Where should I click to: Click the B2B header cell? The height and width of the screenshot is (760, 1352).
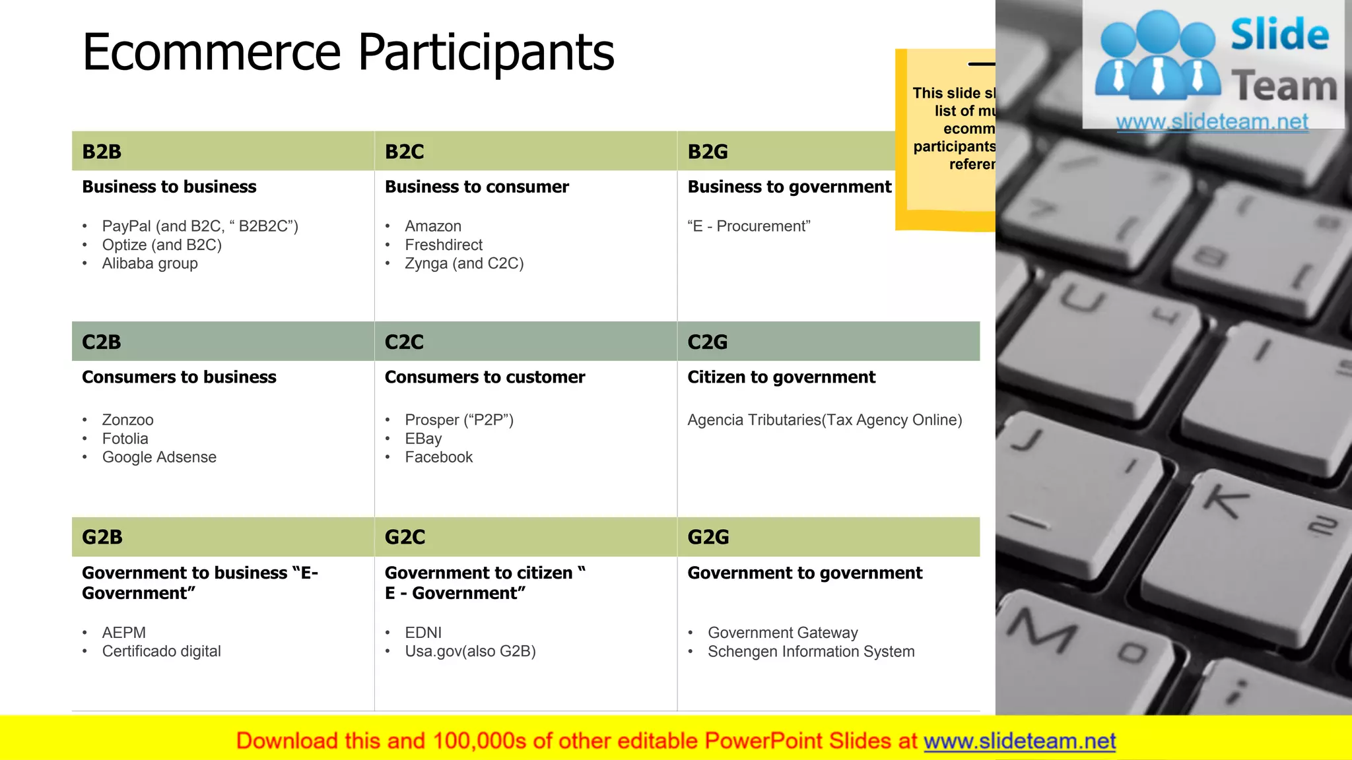(222, 151)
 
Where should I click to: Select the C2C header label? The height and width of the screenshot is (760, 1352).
(404, 342)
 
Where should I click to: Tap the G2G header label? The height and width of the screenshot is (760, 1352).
(708, 537)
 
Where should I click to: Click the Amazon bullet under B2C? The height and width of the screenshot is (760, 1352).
(432, 226)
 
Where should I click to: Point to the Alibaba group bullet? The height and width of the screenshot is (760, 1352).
(150, 263)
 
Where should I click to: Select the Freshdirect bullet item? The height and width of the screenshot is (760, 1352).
(443, 245)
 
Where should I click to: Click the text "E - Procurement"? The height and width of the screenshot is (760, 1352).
(749, 226)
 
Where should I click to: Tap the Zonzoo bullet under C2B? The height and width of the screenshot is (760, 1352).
(127, 420)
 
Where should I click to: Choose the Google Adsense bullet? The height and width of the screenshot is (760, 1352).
(159, 457)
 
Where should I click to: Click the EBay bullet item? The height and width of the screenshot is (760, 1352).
(423, 439)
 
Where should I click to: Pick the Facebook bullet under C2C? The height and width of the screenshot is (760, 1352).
(438, 457)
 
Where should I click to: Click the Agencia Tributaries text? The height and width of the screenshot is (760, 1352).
(825, 420)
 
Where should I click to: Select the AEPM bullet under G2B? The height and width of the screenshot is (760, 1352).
(123, 633)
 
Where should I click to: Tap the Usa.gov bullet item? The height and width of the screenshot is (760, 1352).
(470, 651)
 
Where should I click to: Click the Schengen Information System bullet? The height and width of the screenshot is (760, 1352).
(811, 651)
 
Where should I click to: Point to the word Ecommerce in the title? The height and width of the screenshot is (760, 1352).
(211, 52)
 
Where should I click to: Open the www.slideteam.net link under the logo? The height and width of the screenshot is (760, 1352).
(1212, 121)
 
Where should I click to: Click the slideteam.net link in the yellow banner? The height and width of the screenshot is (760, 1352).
(1019, 741)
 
